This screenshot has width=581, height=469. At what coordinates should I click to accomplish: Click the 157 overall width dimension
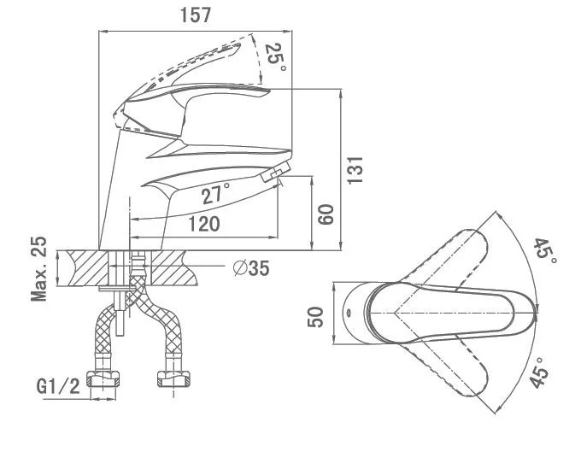[x=197, y=15]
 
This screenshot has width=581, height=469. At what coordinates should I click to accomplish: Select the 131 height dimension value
[x=357, y=169]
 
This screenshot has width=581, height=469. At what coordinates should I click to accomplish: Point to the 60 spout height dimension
[x=326, y=214]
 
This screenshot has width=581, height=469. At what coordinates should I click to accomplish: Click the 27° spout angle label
[x=216, y=195]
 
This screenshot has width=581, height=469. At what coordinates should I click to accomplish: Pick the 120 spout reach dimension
[x=202, y=224]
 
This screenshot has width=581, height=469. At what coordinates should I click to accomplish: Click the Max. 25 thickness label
[x=39, y=269]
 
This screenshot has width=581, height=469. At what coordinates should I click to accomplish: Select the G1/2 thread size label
[x=58, y=387]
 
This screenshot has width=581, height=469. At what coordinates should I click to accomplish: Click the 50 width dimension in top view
[x=316, y=316]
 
